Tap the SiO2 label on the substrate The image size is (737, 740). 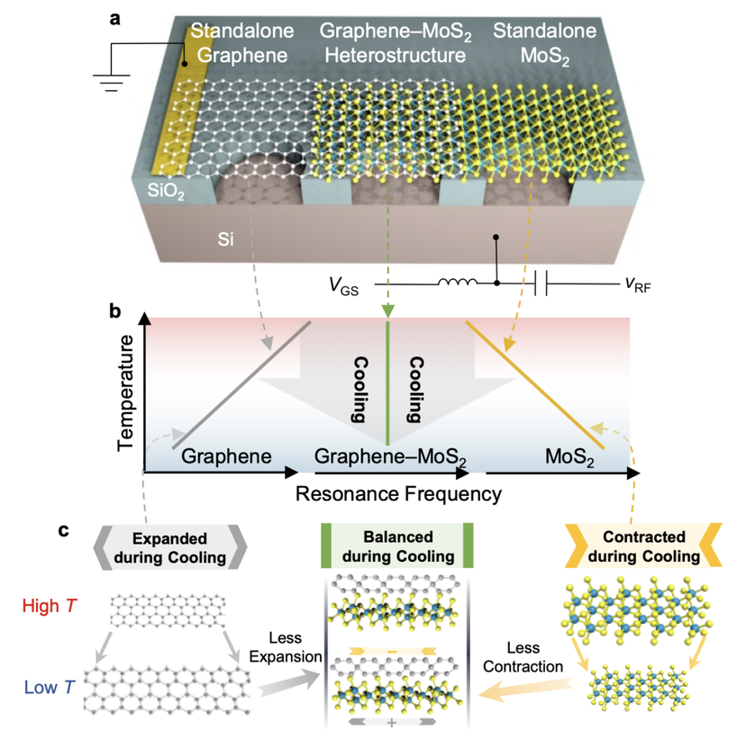[x=166, y=190]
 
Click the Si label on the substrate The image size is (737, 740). [x=225, y=239]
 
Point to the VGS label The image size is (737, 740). [x=343, y=286]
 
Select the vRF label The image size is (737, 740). [x=638, y=284]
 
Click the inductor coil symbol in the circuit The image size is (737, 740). [x=458, y=282]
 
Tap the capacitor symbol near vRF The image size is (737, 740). [x=541, y=284]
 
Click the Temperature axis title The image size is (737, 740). [x=125, y=393]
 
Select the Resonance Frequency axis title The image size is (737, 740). [x=398, y=494]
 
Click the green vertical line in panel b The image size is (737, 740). [x=387, y=384]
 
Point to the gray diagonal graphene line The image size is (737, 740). [x=241, y=384]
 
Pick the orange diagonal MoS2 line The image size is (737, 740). [x=535, y=384]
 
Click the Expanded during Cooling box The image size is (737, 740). [x=170, y=547]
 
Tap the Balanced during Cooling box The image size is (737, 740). [x=397, y=546]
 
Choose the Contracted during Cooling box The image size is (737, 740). [x=643, y=546]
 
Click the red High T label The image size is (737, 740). [x=50, y=606]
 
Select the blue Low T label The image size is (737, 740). [x=50, y=687]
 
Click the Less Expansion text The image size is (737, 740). [x=286, y=647]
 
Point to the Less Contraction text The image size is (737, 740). [x=523, y=657]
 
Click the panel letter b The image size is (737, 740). [x=114, y=312]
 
